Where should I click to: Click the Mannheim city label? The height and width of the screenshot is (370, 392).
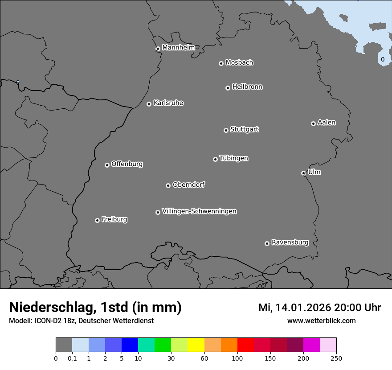(178, 47)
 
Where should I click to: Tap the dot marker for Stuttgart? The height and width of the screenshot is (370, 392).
(226, 130)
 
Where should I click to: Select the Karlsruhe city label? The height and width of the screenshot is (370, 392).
(168, 103)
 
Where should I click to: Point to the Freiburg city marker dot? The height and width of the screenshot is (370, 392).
(97, 220)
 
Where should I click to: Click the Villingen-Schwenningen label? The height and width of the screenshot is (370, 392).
(199, 211)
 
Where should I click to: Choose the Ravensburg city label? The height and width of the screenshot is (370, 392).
(290, 243)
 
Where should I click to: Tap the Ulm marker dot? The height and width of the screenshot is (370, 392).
(303, 173)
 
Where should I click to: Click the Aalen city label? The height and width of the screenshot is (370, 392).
(327, 123)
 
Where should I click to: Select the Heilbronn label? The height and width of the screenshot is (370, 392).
(247, 87)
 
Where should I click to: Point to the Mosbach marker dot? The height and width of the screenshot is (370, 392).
(221, 63)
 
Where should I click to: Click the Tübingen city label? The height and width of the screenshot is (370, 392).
(234, 158)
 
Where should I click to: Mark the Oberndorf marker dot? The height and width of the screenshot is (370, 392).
(168, 185)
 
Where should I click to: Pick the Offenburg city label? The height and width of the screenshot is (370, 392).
(127, 164)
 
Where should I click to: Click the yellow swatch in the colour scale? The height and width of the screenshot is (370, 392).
(196, 345)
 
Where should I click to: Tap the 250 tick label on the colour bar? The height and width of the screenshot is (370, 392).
(336, 358)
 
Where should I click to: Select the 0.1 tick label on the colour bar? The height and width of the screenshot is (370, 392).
(72, 358)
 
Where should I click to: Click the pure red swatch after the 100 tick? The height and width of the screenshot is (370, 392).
(245, 345)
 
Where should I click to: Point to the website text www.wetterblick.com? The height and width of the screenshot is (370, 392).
(321, 321)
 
